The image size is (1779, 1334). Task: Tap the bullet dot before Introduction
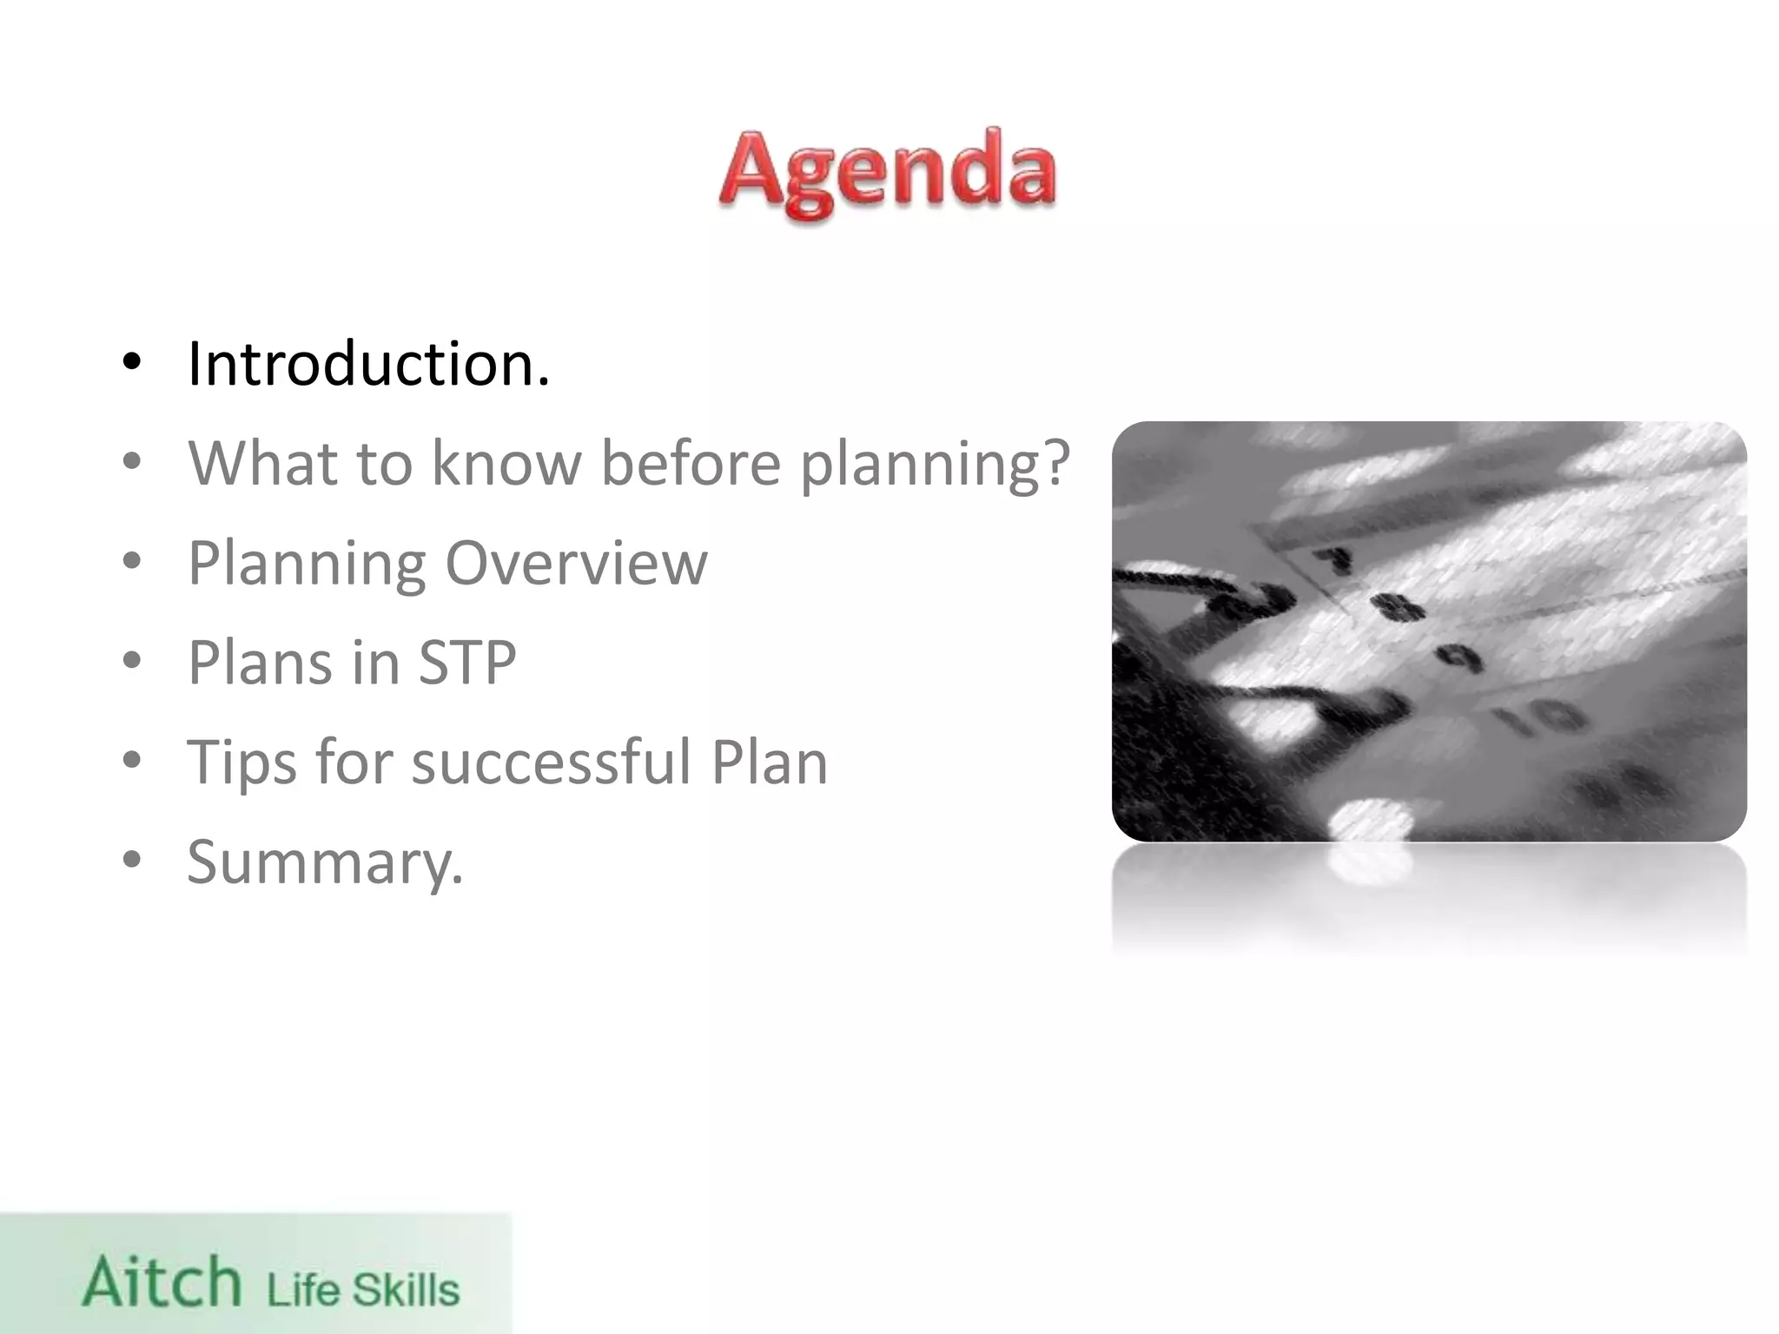click(x=131, y=363)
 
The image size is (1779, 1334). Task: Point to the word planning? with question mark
click(x=934, y=465)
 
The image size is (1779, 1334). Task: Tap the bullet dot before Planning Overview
click(x=131, y=562)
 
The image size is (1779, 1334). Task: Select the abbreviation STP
click(x=467, y=662)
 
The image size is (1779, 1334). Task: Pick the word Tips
click(x=241, y=763)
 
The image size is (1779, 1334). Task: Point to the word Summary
click(x=325, y=862)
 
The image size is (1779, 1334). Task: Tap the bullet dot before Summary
click(x=131, y=861)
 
